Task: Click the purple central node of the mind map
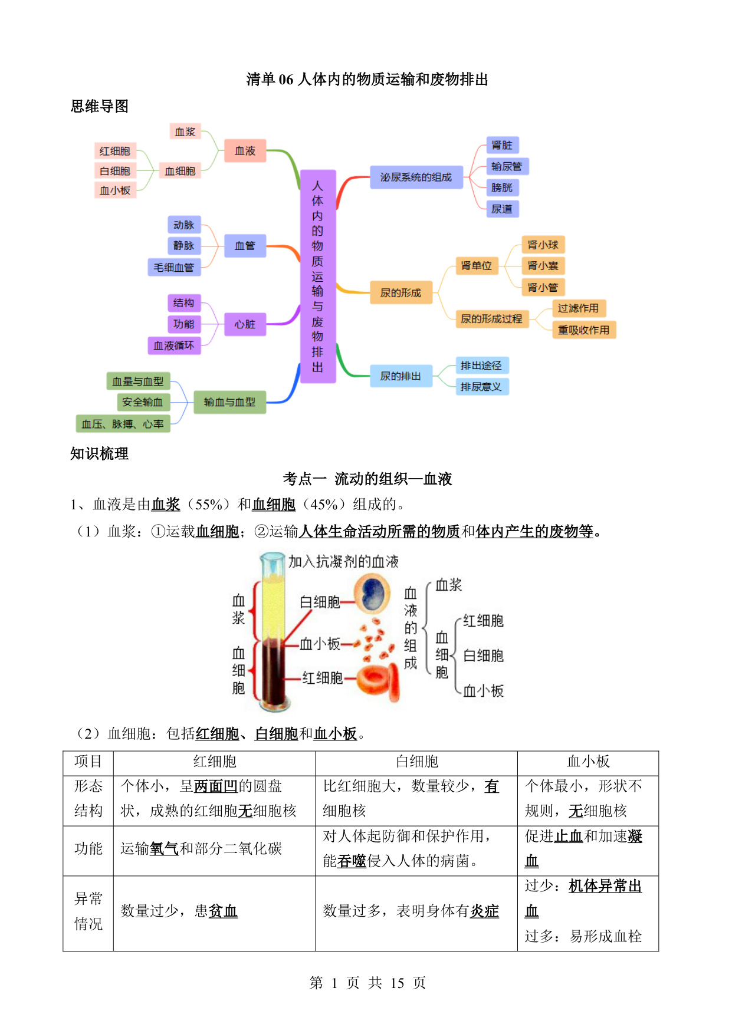(318, 276)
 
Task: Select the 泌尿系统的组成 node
(416, 177)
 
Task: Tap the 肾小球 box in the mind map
(543, 245)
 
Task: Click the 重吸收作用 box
(584, 330)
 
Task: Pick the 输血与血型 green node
(229, 402)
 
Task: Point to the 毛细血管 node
(174, 267)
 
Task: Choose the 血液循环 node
(174, 345)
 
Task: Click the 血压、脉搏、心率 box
(123, 424)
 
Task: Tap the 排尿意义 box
(481, 387)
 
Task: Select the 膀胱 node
(502, 187)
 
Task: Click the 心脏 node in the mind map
(245, 324)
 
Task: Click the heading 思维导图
(100, 106)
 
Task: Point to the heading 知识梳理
(100, 453)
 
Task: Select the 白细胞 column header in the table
(417, 762)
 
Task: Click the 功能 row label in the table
(88, 848)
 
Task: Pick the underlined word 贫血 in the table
(224, 911)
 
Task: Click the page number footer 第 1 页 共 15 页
(367, 983)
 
